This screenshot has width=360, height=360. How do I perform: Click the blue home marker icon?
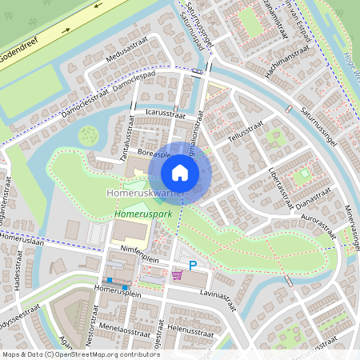pos(180,172)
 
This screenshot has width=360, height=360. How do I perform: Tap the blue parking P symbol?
pos(192,266)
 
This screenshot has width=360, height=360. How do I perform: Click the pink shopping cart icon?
pos(177,274)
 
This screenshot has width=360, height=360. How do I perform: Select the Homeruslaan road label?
pos(19,238)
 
